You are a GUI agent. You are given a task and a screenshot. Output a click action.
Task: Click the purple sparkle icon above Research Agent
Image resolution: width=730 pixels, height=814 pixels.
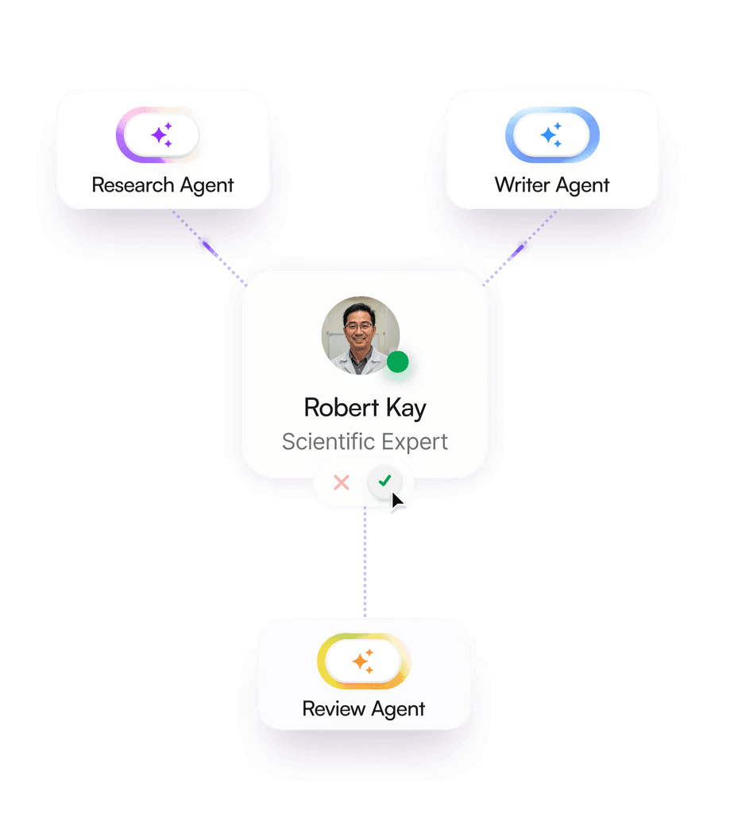[x=162, y=136]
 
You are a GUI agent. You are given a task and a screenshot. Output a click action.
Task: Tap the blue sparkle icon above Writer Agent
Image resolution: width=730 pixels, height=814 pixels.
[x=551, y=136]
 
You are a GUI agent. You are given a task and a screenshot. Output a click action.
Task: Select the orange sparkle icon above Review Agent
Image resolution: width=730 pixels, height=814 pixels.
[x=363, y=661]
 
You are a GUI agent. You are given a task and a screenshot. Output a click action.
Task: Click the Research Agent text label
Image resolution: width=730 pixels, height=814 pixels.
[x=163, y=185]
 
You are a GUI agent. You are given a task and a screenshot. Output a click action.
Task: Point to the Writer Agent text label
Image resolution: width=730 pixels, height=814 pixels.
[x=552, y=185]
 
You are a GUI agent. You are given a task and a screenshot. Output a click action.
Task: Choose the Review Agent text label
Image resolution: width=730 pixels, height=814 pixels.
[x=364, y=709]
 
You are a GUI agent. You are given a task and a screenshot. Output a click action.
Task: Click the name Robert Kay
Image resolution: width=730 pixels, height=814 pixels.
[x=365, y=408]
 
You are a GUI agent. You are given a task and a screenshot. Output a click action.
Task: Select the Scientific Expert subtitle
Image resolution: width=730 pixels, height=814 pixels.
[x=365, y=441]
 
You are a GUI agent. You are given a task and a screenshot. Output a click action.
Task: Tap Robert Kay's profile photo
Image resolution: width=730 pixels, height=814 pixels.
[x=359, y=335]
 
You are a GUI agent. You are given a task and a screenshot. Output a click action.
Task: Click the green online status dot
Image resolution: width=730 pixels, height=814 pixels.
[x=397, y=362]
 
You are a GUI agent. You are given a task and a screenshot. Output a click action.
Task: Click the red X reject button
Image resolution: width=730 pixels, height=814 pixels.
[x=342, y=482]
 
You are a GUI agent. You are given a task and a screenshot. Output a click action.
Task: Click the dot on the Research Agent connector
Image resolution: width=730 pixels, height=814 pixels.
[x=204, y=243]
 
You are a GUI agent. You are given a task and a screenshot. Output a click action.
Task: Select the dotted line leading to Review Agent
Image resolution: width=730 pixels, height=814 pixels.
[x=365, y=564]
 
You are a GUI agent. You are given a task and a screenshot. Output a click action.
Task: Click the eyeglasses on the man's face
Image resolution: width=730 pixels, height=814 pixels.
[x=358, y=325]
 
